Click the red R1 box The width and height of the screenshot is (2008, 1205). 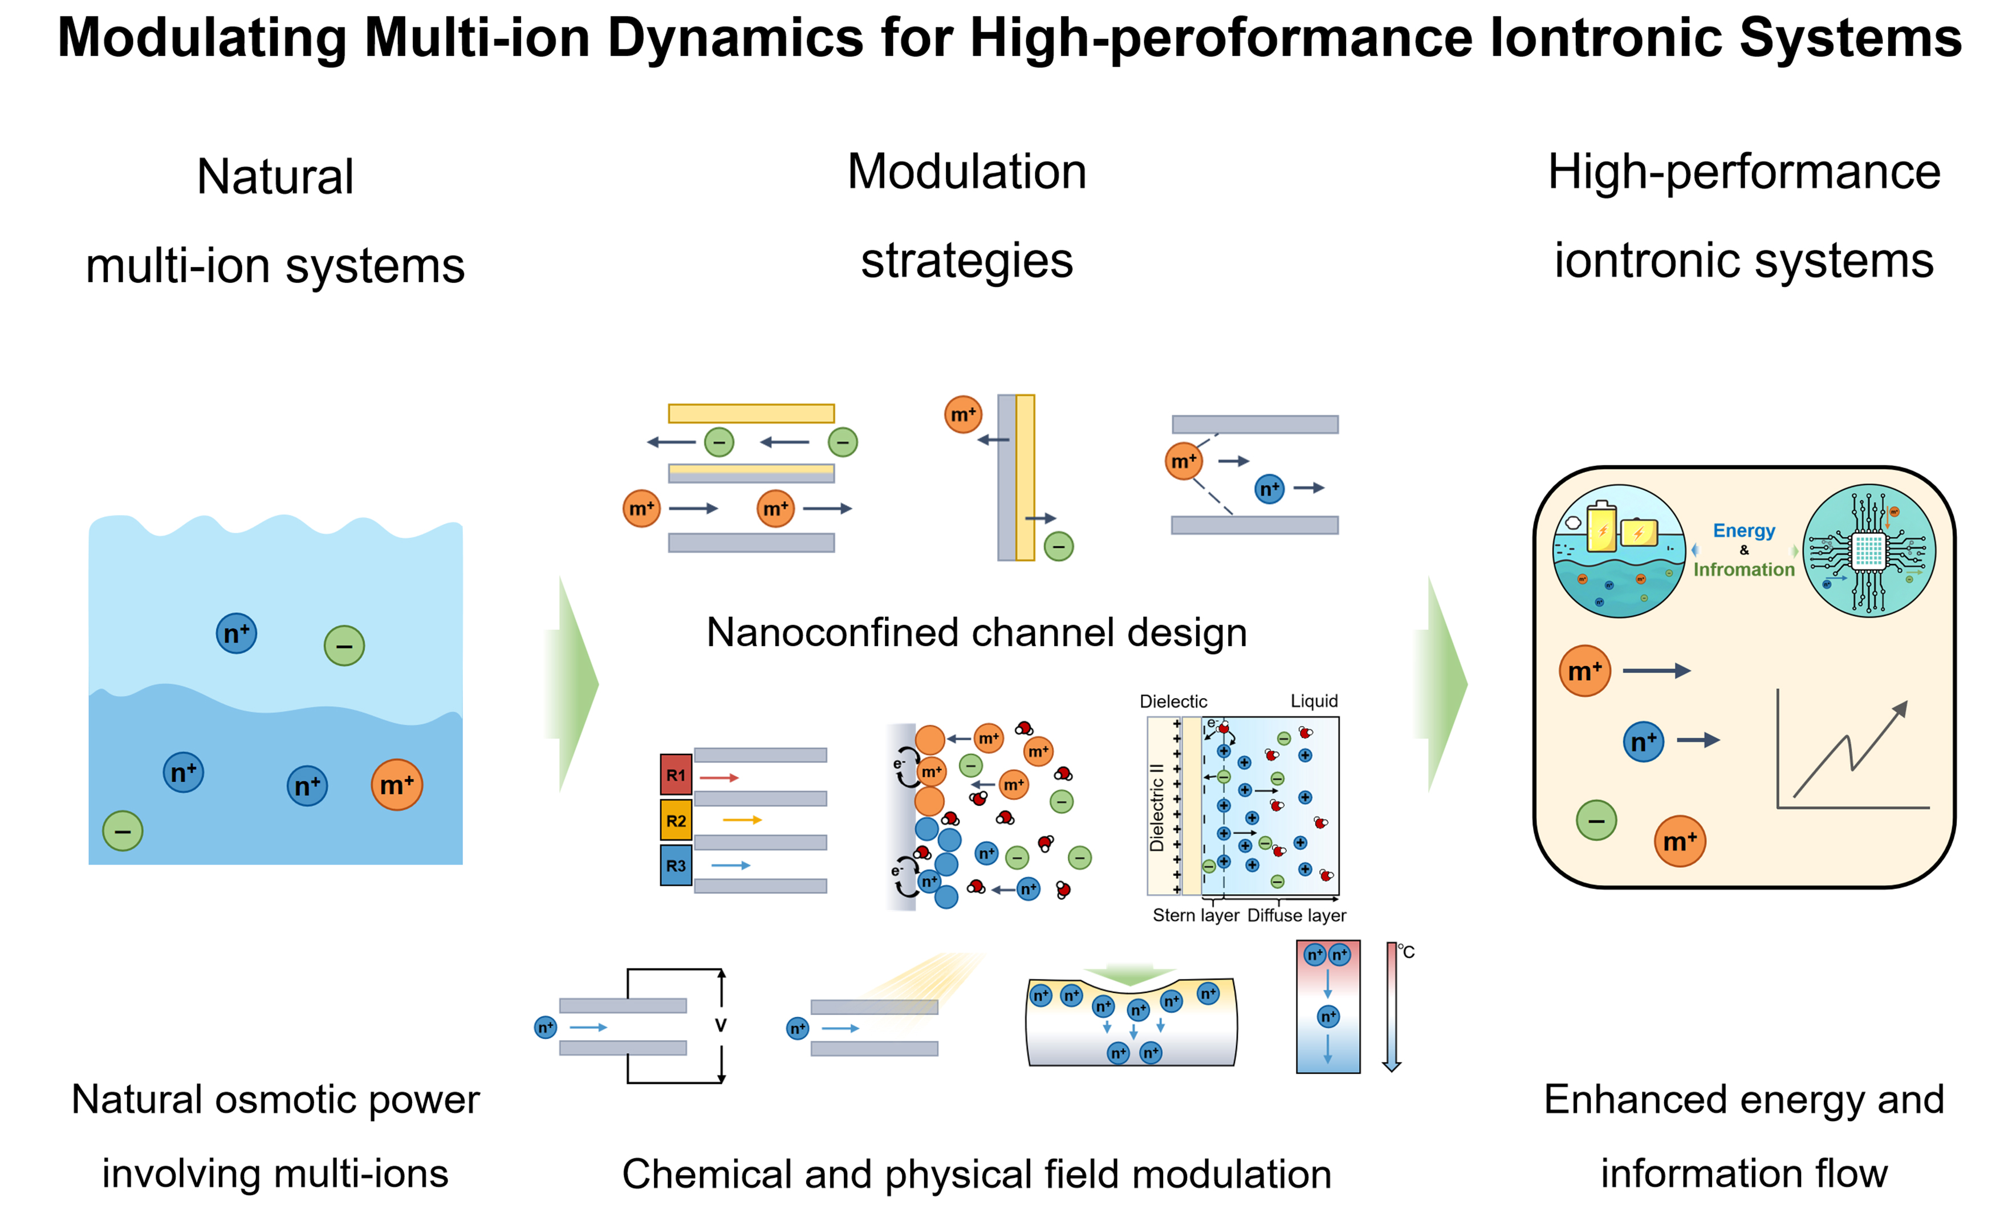click(x=675, y=774)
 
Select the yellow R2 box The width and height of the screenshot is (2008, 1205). click(x=675, y=820)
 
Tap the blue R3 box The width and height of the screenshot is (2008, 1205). click(x=675, y=866)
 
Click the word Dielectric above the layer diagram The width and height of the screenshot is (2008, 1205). click(x=1173, y=701)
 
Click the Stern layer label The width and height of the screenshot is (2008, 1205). click(x=1196, y=916)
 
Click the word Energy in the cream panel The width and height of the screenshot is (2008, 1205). click(x=1743, y=531)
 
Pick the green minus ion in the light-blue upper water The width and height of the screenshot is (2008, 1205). click(x=344, y=646)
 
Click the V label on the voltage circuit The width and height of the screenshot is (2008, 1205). click(x=720, y=1025)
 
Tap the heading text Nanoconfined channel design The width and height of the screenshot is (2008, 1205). click(x=977, y=632)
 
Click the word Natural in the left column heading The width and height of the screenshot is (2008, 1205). click(x=275, y=176)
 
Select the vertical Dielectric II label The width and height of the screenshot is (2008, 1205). click(x=1157, y=808)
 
